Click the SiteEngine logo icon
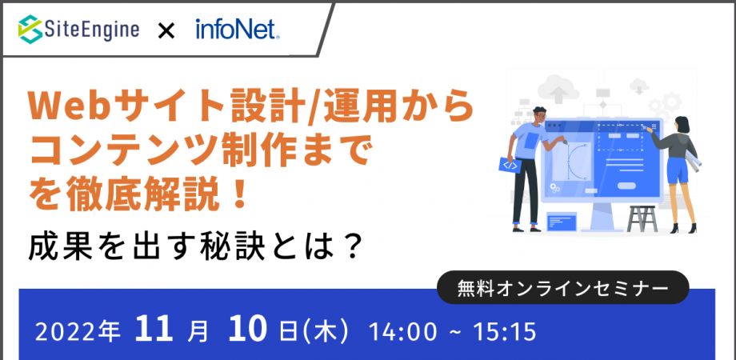30,30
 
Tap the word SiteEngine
91,30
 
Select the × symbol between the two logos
166,31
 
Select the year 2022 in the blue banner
65,330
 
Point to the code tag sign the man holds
510,165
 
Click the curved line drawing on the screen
578,160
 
